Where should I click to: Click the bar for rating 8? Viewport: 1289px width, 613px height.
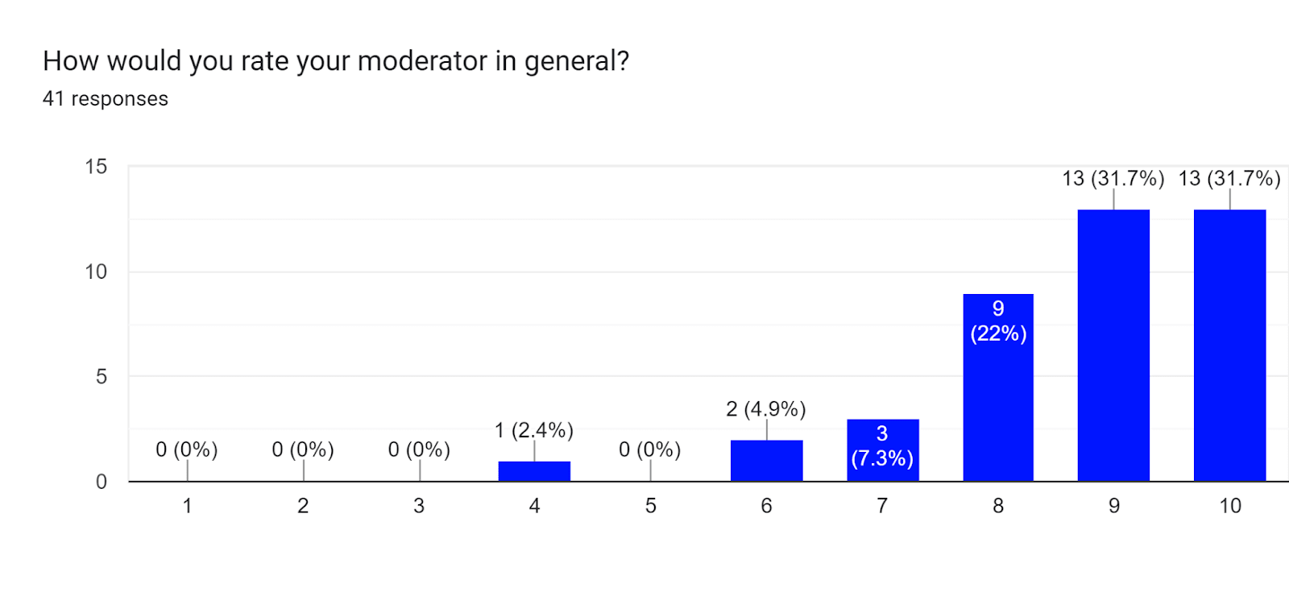pos(998,387)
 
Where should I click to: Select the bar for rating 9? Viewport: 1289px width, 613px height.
pos(1113,346)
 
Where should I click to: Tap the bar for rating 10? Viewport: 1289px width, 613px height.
pos(1229,346)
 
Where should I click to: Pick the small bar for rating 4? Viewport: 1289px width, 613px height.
pos(534,471)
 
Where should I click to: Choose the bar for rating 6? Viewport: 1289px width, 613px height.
pos(766,461)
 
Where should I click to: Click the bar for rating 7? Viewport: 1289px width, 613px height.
pos(882,450)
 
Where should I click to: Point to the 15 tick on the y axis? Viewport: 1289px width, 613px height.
pos(96,167)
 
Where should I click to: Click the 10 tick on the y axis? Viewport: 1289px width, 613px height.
pos(96,271)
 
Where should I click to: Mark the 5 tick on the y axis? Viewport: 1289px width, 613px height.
pos(101,376)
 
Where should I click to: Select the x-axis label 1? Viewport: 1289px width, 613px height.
pos(187,506)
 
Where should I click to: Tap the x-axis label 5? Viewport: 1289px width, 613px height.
pos(650,506)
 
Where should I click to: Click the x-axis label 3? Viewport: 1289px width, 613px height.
pos(419,506)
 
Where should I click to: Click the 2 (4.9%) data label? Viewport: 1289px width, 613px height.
pos(765,409)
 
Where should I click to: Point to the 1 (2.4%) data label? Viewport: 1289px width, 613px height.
pos(533,430)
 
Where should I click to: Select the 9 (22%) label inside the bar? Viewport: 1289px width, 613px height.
pos(998,321)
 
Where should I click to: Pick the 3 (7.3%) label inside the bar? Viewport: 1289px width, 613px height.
pos(882,445)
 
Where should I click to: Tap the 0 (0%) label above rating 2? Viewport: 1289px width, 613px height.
pos(303,449)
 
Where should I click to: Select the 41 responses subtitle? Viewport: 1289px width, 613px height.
pos(106,99)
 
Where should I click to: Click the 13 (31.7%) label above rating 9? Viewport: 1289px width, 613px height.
pos(1113,178)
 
